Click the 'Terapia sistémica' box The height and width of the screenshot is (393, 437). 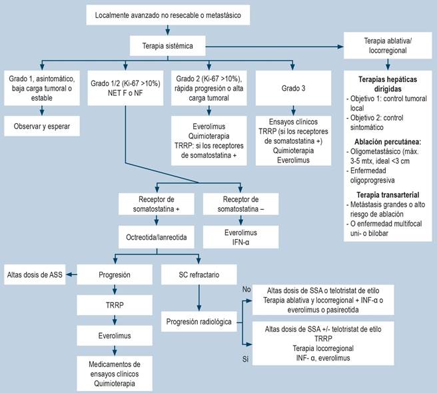click(x=167, y=46)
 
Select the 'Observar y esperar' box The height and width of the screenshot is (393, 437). click(x=42, y=126)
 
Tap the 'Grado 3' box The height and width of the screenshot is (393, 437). click(x=293, y=88)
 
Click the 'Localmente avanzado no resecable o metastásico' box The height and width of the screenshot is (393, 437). click(x=168, y=15)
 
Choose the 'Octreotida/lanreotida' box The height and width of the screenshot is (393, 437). click(x=157, y=237)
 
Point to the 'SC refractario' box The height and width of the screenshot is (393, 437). click(x=199, y=274)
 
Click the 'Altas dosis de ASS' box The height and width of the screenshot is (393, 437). click(x=35, y=274)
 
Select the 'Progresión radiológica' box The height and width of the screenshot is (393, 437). click(x=199, y=322)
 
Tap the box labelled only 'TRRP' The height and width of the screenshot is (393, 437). click(x=115, y=305)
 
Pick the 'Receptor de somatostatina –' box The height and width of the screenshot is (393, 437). click(x=240, y=204)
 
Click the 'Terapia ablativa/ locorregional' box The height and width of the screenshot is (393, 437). click(x=388, y=45)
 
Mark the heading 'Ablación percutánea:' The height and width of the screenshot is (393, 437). click(x=388, y=142)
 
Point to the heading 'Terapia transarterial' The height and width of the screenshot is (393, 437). click(x=388, y=195)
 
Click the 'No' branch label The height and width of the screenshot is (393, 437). click(x=246, y=289)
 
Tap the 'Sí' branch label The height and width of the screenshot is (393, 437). click(x=245, y=359)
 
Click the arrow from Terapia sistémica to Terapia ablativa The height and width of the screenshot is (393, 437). click(x=274, y=47)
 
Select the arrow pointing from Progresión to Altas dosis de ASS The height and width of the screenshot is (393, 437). click(x=71, y=274)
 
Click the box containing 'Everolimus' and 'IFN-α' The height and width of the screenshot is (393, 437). click(x=240, y=237)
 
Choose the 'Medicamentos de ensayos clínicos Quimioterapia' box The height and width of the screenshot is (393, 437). click(x=115, y=374)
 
